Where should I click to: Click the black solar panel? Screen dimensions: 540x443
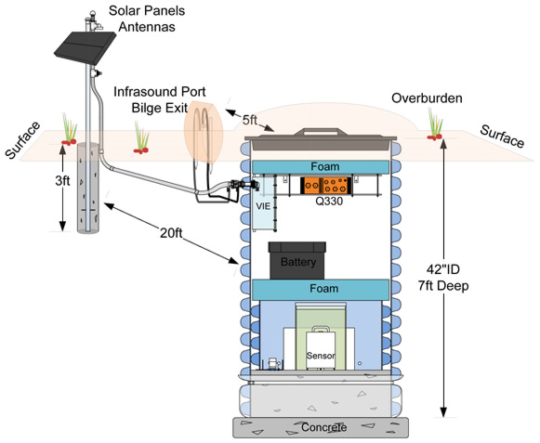coord(86,47)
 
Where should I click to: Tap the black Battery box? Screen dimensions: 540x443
coord(297,260)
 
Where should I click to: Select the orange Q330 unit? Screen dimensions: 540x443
coord(325,186)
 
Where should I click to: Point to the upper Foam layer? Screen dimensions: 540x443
coord(321,167)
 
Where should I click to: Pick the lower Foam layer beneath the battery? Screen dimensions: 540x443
coord(321,289)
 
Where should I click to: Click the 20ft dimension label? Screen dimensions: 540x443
coord(171,233)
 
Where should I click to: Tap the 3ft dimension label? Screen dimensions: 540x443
coord(62,180)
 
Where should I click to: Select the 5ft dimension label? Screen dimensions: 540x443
coord(250,120)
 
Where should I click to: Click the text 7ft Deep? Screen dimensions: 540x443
coord(443,286)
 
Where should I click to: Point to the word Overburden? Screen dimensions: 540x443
coord(427,98)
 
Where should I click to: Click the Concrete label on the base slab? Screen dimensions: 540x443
coord(323,427)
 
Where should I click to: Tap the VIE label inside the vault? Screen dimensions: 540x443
coord(263,206)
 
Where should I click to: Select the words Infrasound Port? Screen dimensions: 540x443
coord(160,92)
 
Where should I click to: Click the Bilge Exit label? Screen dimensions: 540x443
coord(160,108)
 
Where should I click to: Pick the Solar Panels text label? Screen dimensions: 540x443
coord(147,10)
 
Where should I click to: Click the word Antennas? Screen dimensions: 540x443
coord(147,27)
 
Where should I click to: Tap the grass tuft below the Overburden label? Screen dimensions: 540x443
coord(435,124)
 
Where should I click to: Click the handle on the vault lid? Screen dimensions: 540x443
coord(321,132)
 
